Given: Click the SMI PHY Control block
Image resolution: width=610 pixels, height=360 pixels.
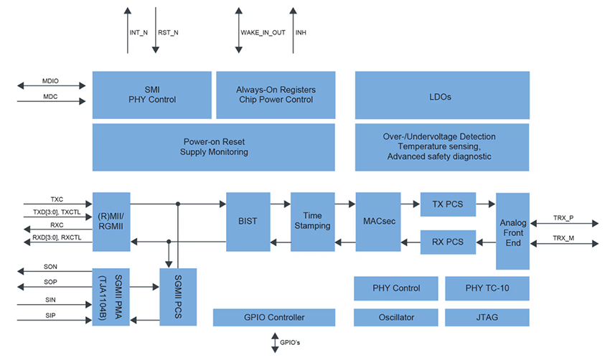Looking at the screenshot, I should point(152,95).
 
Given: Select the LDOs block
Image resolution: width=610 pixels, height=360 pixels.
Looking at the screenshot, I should point(441,95).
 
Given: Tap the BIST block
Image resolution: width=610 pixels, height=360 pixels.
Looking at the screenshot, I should point(248,221).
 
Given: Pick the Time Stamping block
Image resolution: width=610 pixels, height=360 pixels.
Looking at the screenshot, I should point(312,221).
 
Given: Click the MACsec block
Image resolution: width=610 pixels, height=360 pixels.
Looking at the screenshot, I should point(377,221).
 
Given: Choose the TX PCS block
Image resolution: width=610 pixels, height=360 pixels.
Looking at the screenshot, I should point(448,204).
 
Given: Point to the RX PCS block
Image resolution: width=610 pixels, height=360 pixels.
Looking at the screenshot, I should point(448,242).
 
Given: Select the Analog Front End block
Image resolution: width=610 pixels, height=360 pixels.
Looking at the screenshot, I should point(512,231).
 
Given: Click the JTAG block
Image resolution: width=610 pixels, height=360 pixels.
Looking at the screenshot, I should point(487,317).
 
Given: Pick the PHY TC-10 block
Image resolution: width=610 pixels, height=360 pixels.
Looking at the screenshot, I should point(487,288).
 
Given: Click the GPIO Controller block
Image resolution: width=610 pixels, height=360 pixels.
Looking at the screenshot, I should point(273,317).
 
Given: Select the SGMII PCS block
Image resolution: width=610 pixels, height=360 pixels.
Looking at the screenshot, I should point(177,297).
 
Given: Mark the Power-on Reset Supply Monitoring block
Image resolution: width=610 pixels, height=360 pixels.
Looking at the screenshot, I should point(213,147).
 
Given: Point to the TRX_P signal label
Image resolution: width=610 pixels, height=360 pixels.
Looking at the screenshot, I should point(563,217).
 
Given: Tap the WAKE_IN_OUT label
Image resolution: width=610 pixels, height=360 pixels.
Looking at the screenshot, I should point(262,32).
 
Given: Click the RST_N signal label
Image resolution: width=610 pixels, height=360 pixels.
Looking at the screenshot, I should point(168,32).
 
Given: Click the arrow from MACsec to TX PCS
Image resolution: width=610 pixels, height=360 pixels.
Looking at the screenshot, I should point(410,204).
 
